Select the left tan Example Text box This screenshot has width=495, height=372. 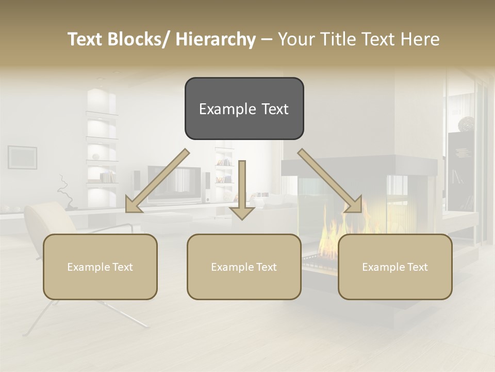point(100,267)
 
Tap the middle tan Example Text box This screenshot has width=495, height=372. point(244,267)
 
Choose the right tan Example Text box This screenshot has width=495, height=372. point(395,267)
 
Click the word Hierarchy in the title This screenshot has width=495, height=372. point(216,39)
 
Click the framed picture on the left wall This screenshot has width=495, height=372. point(22,157)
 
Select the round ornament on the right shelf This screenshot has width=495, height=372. point(467,123)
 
